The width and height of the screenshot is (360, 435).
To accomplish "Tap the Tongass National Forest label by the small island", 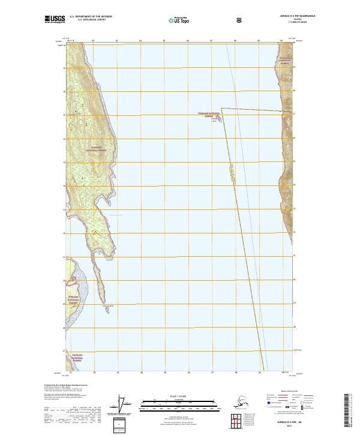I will [205, 114].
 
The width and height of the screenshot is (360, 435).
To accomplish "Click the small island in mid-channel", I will [218, 119].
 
